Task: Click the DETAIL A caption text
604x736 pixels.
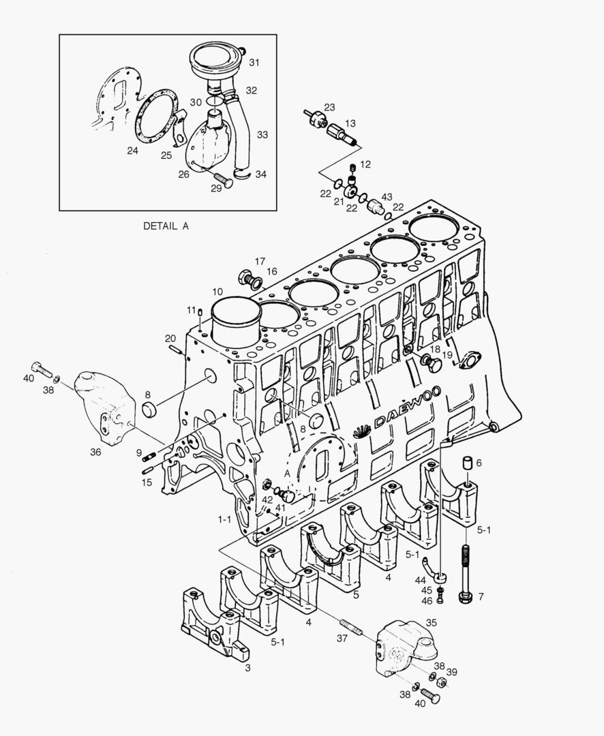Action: point(166,226)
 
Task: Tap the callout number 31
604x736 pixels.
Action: point(254,63)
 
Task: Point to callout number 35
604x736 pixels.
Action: point(432,623)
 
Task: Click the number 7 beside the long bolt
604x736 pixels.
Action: point(481,597)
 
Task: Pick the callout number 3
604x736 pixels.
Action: point(247,668)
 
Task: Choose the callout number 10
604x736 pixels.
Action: point(217,292)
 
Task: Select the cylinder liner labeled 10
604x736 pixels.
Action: point(237,323)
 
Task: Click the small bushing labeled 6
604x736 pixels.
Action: point(469,463)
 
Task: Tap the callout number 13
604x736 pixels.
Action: point(350,123)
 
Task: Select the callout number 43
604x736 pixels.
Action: point(387,197)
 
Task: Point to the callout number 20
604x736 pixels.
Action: point(170,338)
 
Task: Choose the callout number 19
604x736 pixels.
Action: point(447,355)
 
